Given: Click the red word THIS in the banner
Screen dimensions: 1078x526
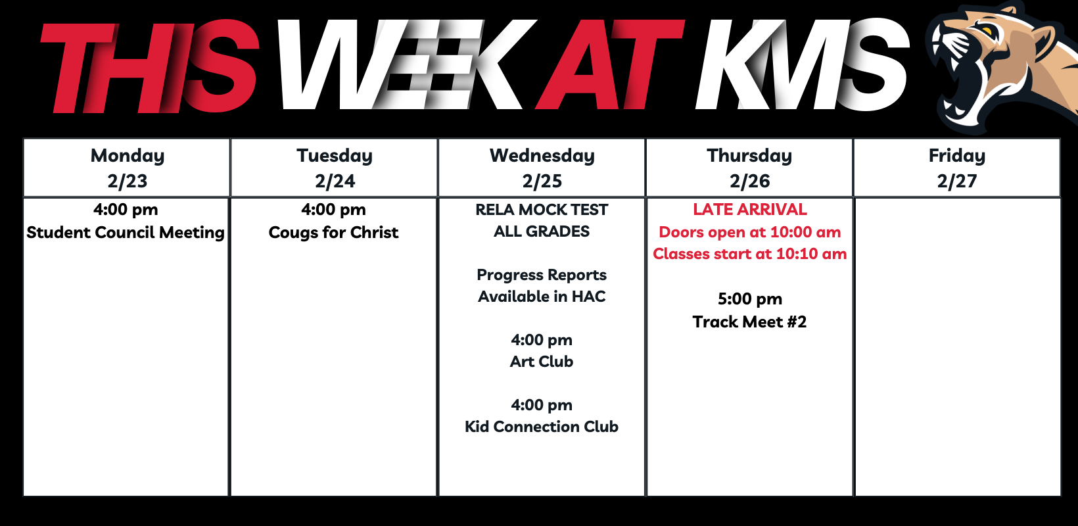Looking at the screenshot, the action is [149, 67].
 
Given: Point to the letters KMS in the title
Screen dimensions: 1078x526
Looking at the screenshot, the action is [802, 64].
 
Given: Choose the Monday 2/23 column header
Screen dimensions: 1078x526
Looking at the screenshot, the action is [127, 168].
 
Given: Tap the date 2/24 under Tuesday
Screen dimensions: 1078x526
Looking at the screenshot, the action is [335, 181].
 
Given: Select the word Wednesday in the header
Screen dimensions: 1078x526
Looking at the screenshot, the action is [542, 156].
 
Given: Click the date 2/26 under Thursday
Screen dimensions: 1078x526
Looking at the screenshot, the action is [750, 181].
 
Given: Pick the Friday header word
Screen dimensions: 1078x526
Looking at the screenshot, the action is [957, 156].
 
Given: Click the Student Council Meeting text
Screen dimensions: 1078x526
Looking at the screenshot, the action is [126, 233].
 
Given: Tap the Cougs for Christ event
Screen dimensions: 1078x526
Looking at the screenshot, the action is [333, 233].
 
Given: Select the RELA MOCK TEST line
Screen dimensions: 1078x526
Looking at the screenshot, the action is [542, 210].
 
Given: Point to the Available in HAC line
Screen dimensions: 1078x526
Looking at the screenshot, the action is [542, 297].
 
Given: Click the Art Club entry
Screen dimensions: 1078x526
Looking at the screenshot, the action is [542, 362].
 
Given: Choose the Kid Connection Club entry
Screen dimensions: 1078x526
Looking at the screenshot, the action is [542, 426].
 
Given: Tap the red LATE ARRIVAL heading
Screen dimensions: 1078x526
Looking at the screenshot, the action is [750, 209].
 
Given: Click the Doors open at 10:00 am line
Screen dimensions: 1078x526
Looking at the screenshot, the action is [750, 232].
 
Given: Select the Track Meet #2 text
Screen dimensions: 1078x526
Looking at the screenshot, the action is [750, 322].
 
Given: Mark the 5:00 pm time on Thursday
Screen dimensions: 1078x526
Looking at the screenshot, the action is [750, 299].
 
